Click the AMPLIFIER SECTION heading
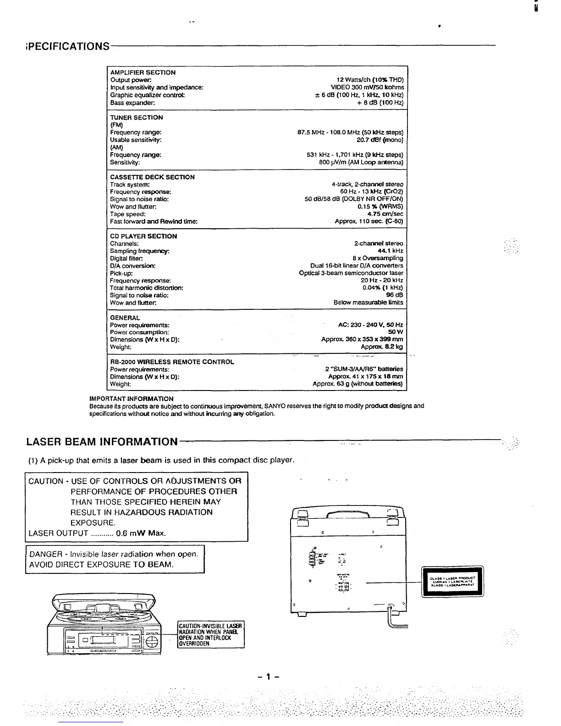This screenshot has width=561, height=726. pyautogui.click(x=143, y=72)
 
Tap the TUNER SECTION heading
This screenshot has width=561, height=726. pyautogui.click(x=136, y=117)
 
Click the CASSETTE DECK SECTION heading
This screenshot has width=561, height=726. pyautogui.click(x=152, y=177)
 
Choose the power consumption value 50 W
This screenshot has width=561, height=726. pyautogui.click(x=396, y=332)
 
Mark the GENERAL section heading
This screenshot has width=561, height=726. pyautogui.click(x=125, y=318)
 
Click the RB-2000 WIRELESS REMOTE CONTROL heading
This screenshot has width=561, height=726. pyautogui.click(x=172, y=362)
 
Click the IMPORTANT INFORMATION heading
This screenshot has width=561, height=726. pyautogui.click(x=131, y=399)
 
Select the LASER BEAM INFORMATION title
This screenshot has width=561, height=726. pyautogui.click(x=102, y=442)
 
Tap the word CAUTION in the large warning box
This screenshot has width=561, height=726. pyautogui.click(x=46, y=481)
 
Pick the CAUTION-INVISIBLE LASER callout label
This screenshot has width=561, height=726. pyautogui.click(x=211, y=635)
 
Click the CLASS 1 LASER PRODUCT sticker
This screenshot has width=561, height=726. pyautogui.click(x=452, y=582)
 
